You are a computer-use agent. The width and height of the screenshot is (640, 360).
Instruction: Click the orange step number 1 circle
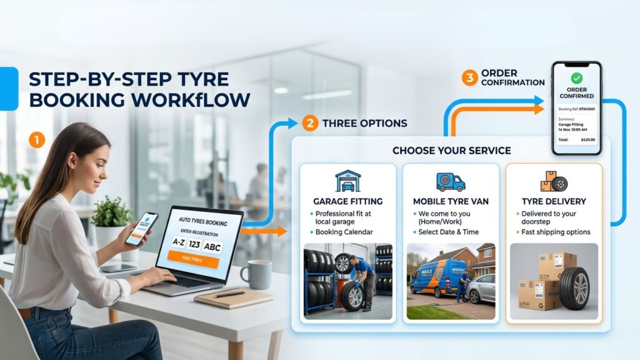pyautogui.click(x=37, y=139)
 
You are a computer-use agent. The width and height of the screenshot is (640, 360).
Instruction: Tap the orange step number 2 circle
pyautogui.click(x=309, y=123)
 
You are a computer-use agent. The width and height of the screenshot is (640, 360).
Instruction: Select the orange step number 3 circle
pyautogui.click(x=469, y=78)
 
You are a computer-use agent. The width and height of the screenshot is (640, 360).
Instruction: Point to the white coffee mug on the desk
pyautogui.click(x=257, y=274)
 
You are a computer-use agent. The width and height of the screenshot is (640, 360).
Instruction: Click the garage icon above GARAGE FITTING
pyautogui.click(x=347, y=181)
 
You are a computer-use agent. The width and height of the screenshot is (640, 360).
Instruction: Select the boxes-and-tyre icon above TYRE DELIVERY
pyautogui.click(x=554, y=181)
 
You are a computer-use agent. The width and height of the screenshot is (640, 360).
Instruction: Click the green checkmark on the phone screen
pyautogui.click(x=576, y=77)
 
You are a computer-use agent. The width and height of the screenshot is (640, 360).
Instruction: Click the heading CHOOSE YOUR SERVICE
pyautogui.click(x=451, y=151)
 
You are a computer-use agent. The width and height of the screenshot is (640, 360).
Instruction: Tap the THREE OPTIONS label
pyautogui.click(x=365, y=123)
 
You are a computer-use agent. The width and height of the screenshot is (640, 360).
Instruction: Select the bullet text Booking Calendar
pyautogui.click(x=344, y=232)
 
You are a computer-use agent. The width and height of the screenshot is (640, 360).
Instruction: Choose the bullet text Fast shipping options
pyautogui.click(x=556, y=232)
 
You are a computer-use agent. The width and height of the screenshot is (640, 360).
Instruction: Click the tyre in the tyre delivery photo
pyautogui.click(x=574, y=288)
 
